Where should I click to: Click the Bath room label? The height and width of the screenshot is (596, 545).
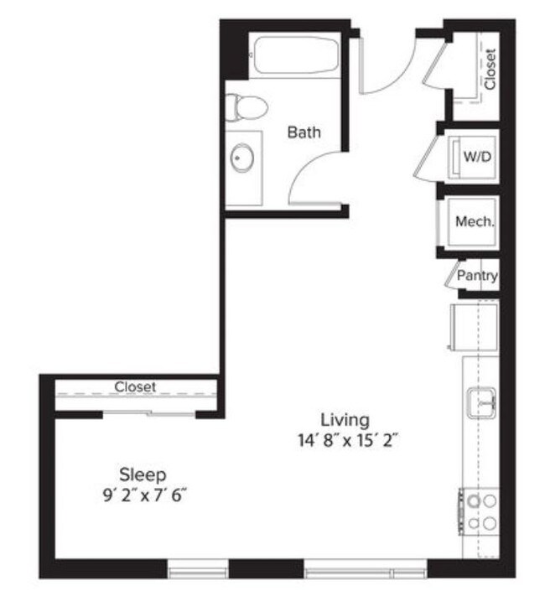[304, 132]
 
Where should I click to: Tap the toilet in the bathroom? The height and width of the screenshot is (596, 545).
[246, 107]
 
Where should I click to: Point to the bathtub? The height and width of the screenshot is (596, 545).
[295, 56]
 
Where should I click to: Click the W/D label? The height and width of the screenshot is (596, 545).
[477, 156]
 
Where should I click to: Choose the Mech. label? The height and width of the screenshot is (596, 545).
[474, 222]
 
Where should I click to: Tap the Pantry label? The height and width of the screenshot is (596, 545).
[478, 275]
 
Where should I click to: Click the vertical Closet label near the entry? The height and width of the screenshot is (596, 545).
[490, 70]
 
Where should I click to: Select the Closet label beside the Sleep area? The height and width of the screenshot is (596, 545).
[135, 386]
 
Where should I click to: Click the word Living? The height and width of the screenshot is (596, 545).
[345, 418]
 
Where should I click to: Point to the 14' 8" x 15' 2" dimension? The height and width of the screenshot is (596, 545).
[345, 439]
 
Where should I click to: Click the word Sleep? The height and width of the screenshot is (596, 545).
[142, 474]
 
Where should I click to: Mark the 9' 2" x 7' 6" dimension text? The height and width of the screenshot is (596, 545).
[142, 495]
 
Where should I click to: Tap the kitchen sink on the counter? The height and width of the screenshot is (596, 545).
[481, 402]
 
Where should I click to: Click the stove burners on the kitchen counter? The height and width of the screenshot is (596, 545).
[480, 511]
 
